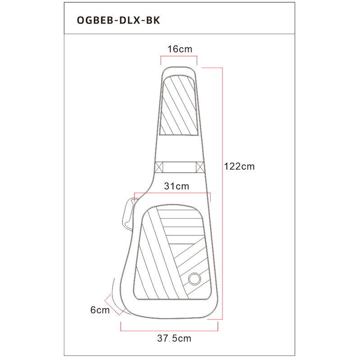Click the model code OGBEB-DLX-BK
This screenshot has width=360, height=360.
tap(118, 20)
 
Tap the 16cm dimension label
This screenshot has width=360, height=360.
tap(180, 49)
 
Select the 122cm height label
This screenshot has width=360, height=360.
tap(239, 166)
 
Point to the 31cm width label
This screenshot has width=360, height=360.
tap(176, 186)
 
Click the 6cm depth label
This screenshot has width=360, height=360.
tap(100, 310)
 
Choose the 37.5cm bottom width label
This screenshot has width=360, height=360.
tap(174, 338)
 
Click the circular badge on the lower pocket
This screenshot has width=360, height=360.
tap(194, 279)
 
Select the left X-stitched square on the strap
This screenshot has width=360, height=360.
tap(159, 167)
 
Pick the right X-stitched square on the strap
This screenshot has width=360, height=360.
tap(200, 167)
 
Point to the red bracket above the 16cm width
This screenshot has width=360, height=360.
tap(179, 56)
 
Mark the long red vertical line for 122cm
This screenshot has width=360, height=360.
tap(222, 193)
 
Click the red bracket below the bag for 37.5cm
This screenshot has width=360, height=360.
tap(169, 331)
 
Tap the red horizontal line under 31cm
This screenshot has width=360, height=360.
tap(172, 193)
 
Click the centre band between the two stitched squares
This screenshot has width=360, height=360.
tap(180, 167)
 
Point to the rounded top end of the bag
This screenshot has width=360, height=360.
tap(179, 67)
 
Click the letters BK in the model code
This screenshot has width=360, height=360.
tap(153, 20)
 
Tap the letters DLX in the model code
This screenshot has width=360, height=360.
tap(130, 20)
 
